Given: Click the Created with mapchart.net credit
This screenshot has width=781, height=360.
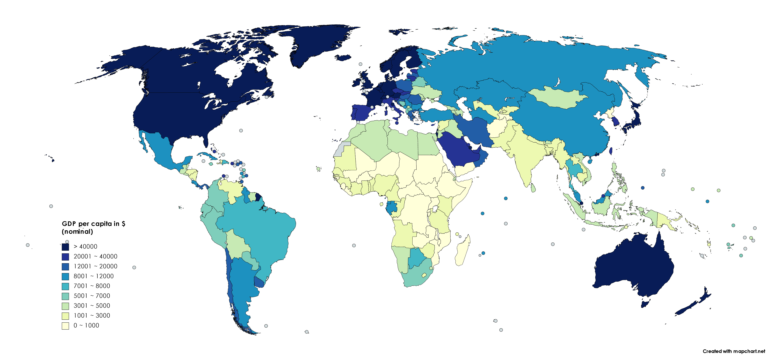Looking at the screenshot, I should pos(734,351).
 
